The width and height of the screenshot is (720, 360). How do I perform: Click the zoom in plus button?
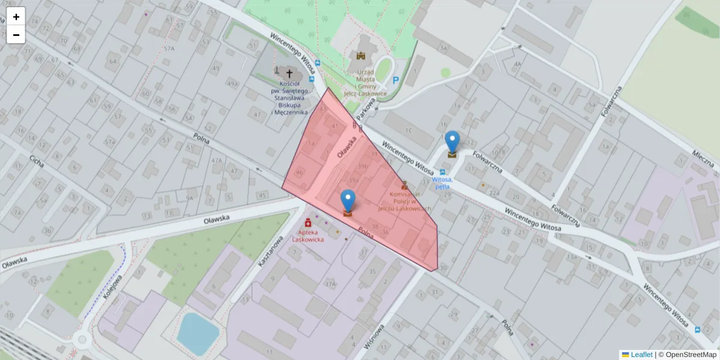click(x=16, y=17)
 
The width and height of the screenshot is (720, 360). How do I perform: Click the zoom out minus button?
click(x=16, y=35)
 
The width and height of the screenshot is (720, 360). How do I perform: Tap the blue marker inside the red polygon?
click(x=348, y=202)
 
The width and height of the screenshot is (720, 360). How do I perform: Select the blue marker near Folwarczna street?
click(x=452, y=143)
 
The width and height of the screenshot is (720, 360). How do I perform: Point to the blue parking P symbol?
click(x=395, y=80)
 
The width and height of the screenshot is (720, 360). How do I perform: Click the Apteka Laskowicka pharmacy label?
click(x=308, y=236)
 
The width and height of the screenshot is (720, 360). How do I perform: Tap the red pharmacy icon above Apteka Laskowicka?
click(x=308, y=223)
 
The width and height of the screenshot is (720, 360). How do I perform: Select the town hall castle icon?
click(x=361, y=56)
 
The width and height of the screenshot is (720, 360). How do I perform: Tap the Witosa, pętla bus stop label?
click(x=442, y=182)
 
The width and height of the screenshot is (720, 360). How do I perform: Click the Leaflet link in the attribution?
click(x=641, y=355)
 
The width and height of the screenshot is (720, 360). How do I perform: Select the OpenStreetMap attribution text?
click(x=687, y=355)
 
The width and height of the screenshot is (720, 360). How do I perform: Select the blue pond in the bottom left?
click(x=197, y=332)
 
